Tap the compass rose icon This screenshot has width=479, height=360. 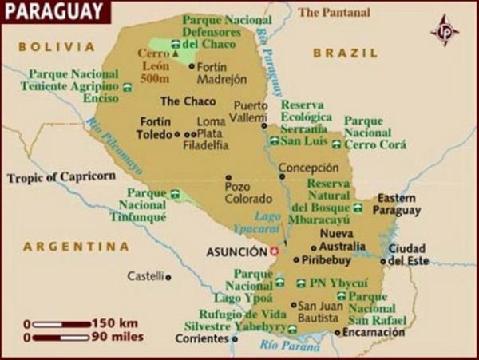tap(445, 31)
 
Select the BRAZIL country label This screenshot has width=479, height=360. tap(345, 53)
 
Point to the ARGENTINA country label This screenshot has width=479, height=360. tap(76, 247)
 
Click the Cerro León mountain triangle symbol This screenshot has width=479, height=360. tap(174, 55)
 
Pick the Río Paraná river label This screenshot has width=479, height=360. tap(283, 346)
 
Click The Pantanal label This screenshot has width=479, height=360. tap(334, 12)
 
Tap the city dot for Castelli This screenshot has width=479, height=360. tap(168, 276)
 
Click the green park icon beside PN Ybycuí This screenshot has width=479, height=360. tap(300, 283)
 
